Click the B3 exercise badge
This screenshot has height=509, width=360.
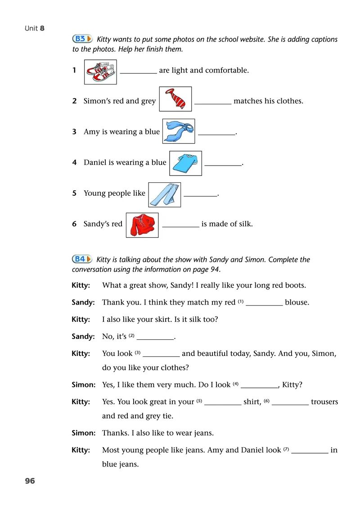(82, 39)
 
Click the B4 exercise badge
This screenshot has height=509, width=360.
(82, 259)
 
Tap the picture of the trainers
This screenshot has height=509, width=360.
(100, 72)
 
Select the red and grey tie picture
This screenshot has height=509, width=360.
(175, 99)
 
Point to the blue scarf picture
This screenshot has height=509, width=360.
(179, 131)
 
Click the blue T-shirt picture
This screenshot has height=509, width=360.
(185, 163)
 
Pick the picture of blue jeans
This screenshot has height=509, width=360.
(164, 194)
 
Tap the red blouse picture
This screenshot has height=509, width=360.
(142, 225)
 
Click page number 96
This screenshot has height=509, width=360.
(30, 481)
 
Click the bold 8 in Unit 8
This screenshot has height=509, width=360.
(42, 28)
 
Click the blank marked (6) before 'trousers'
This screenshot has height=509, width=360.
(290, 404)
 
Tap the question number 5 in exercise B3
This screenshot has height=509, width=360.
(74, 193)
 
